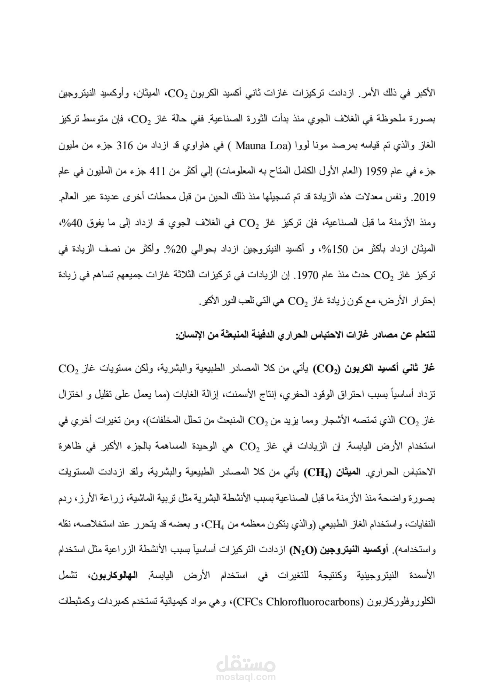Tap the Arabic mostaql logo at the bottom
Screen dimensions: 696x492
point(246,662)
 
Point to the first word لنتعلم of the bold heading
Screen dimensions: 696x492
point(423,336)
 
